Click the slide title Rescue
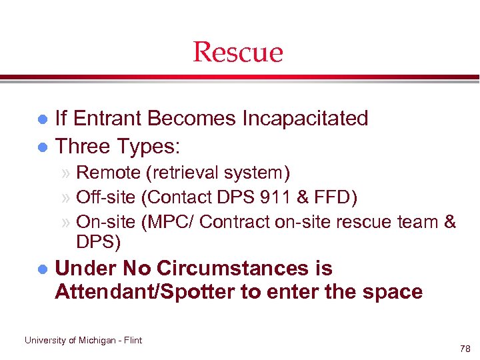point(238,52)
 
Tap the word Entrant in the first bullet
point(109,119)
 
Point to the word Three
point(83,145)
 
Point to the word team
point(414,221)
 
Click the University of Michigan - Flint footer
point(83,340)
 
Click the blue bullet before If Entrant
point(41,120)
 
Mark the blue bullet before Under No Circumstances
point(41,270)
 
